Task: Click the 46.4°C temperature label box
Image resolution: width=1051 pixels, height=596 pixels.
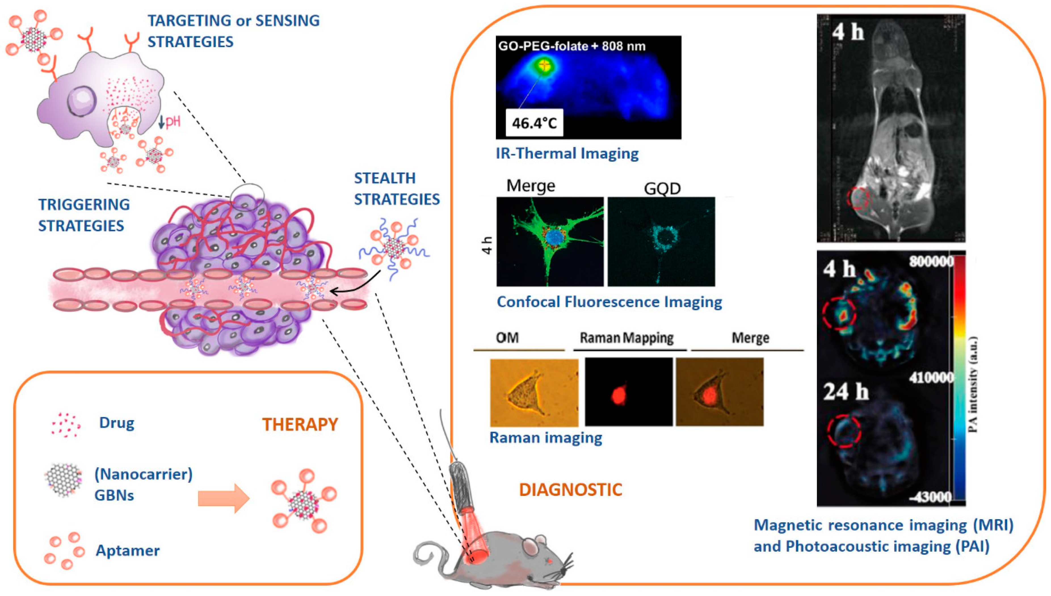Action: click(534, 122)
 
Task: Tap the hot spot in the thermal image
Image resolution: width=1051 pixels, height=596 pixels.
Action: click(545, 65)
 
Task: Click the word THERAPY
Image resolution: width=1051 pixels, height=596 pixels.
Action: click(300, 424)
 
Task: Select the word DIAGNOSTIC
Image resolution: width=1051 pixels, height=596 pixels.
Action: click(570, 490)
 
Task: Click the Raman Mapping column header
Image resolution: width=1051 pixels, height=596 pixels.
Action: click(627, 338)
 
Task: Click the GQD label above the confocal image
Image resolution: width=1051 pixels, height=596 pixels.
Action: click(662, 189)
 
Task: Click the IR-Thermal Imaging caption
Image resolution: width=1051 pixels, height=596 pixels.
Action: click(567, 153)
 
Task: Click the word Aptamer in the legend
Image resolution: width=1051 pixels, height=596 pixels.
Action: click(127, 551)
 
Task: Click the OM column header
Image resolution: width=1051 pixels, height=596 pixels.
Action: click(507, 338)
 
